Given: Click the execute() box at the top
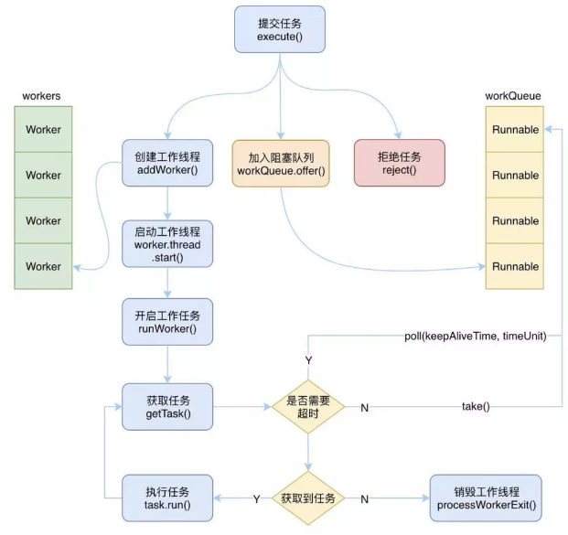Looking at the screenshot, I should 279,28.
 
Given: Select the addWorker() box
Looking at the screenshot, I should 167,163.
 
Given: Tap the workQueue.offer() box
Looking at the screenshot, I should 281,163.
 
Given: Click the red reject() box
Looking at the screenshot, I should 400,163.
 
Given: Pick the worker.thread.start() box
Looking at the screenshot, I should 167,242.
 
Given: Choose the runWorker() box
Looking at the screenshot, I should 167,322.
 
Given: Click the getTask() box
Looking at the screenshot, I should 167,406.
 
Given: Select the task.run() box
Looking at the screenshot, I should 167,498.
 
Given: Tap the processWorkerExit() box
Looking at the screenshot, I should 485,498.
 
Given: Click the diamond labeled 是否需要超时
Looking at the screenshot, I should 308,407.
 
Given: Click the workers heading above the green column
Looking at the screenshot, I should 44,96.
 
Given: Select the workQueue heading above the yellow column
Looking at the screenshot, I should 512,96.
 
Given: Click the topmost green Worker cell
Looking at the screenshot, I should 43,129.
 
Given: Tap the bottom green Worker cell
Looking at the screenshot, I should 43,266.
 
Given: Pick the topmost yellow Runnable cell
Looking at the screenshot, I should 515,129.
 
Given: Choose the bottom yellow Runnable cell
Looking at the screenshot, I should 515,266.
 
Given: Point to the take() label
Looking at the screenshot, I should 476,406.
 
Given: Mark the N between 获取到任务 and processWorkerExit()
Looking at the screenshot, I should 365,499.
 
